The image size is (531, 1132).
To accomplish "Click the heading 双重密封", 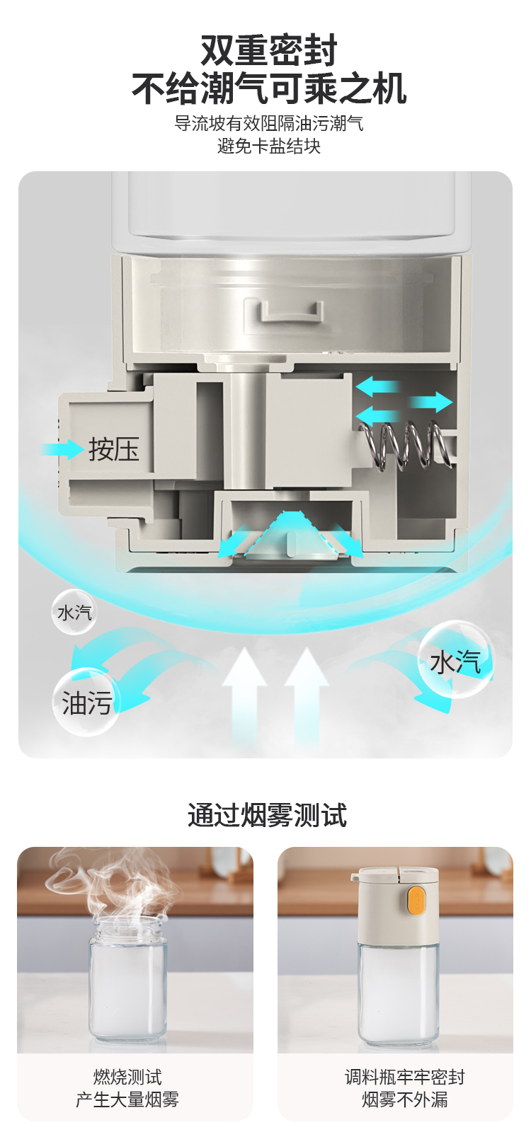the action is pyautogui.click(x=268, y=50).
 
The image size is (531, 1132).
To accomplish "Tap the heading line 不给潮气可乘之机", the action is pyautogui.click(x=269, y=88).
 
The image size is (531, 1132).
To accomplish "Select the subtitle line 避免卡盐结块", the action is pyautogui.click(x=269, y=146).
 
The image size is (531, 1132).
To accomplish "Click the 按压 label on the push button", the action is pyautogui.click(x=113, y=449).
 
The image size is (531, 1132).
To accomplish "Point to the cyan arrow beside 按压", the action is pyautogui.click(x=62, y=449).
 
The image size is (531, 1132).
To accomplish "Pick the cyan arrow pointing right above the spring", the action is pyautogui.click(x=430, y=402).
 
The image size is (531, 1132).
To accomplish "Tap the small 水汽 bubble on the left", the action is pyautogui.click(x=74, y=612).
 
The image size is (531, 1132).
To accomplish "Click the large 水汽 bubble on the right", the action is pyautogui.click(x=455, y=659).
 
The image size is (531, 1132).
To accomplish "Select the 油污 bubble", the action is pyautogui.click(x=86, y=703).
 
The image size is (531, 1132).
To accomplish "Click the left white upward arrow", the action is pyautogui.click(x=244, y=693).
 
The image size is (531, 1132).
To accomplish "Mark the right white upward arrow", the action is pyautogui.click(x=307, y=693).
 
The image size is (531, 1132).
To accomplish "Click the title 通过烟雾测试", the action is pyautogui.click(x=267, y=815).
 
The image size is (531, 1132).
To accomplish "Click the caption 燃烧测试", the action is pyautogui.click(x=127, y=1078).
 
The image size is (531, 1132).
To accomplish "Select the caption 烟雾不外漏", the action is pyautogui.click(x=405, y=1099).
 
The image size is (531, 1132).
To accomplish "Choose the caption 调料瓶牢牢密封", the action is pyautogui.click(x=405, y=1078).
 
